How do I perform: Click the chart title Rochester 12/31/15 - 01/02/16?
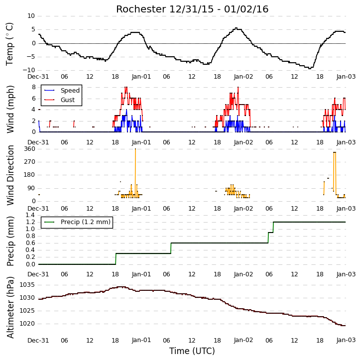click(x=192, y=9)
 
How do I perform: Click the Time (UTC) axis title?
click(x=192, y=351)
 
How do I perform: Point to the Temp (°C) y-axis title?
click(x=9, y=44)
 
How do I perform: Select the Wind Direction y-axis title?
click(x=10, y=175)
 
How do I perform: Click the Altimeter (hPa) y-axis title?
click(x=10, y=307)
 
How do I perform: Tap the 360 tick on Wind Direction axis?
click(x=30, y=149)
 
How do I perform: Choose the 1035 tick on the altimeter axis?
click(x=27, y=285)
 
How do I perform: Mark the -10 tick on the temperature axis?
click(x=29, y=70)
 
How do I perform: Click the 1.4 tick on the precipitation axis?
click(x=30, y=215)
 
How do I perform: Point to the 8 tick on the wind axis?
click(x=34, y=87)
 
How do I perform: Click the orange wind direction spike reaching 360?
click(x=135, y=173)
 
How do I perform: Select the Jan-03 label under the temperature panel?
click(x=346, y=77)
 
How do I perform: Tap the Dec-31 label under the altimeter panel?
click(x=38, y=340)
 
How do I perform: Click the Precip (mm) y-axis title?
click(x=10, y=241)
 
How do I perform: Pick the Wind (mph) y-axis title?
click(x=10, y=110)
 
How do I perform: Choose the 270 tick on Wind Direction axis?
click(x=30, y=162)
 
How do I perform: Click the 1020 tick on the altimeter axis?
click(x=27, y=324)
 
